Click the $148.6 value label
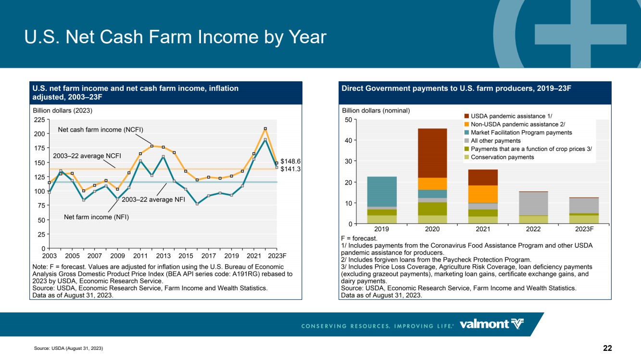[290, 161]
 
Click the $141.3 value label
[290, 169]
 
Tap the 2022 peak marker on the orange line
[265, 129]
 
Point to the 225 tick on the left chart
[39, 120]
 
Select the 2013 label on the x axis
[163, 256]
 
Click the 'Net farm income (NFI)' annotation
[97, 217]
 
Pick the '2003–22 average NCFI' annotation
[87, 156]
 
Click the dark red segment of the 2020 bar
[432, 153]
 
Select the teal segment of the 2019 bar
[382, 192]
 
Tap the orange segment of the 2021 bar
[483, 194]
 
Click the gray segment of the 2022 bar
[534, 204]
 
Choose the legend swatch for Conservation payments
[467, 157]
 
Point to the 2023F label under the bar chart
[584, 229]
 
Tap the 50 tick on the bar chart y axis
[348, 120]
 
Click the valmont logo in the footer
[491, 324]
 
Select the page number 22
[607, 348]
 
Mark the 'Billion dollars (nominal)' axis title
[376, 111]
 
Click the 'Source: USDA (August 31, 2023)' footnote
[68, 348]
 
